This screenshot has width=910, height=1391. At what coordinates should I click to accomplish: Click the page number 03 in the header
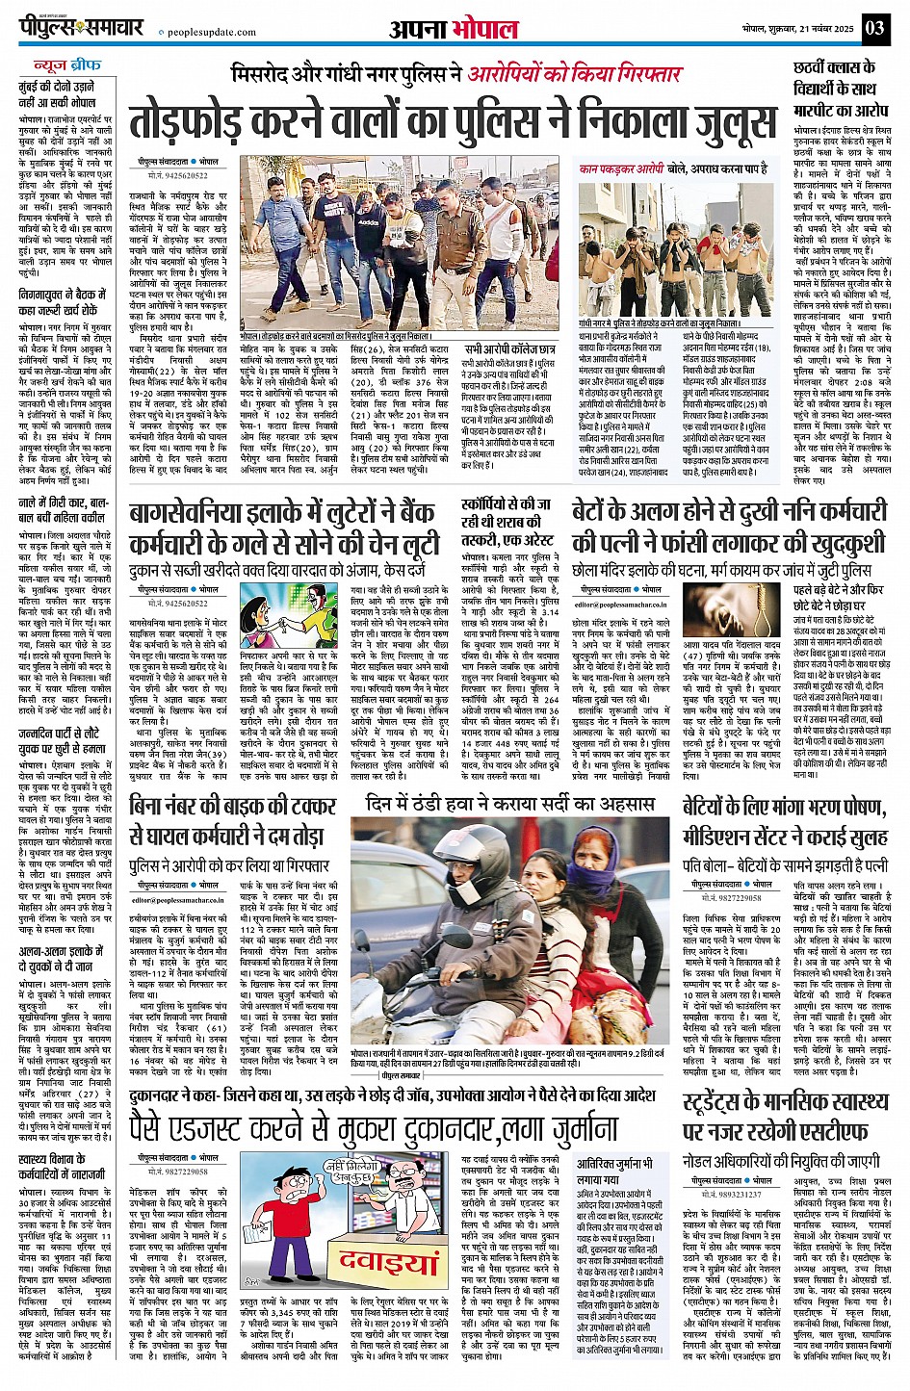click(874, 27)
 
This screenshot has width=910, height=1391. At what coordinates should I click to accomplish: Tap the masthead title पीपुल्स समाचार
click(84, 28)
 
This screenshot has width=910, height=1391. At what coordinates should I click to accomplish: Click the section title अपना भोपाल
click(454, 30)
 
